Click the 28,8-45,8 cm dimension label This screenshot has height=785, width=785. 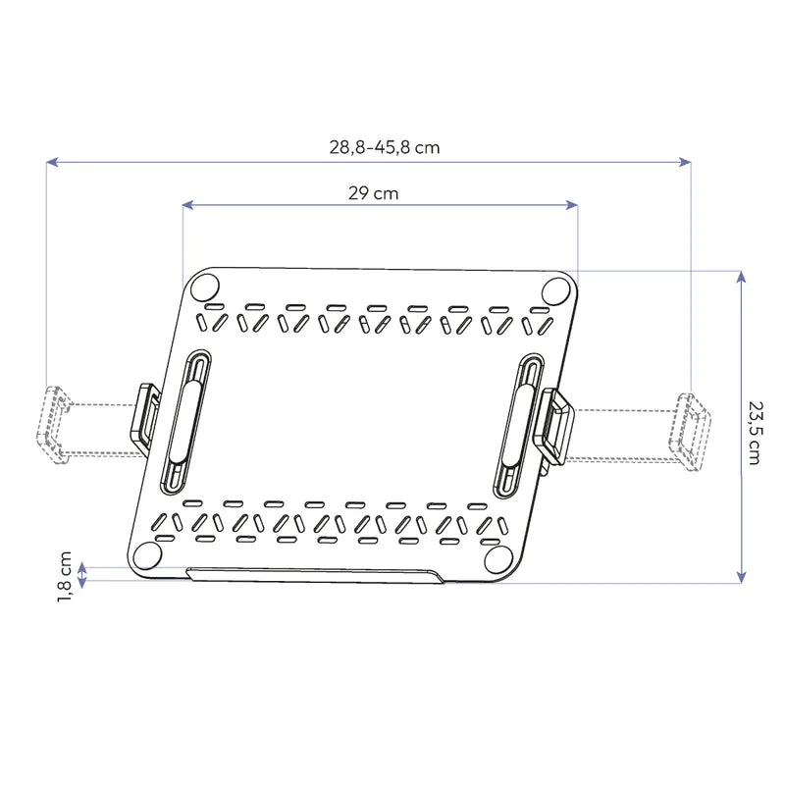pyautogui.click(x=384, y=148)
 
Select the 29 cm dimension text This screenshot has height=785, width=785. pyautogui.click(x=373, y=193)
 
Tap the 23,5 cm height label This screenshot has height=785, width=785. pyautogui.click(x=753, y=431)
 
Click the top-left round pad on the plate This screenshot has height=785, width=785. pyautogui.click(x=205, y=288)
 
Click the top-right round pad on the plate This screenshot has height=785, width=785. pyautogui.click(x=556, y=290)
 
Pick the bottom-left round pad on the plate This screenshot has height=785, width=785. pyautogui.click(x=147, y=556)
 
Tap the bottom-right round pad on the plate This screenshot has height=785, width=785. pyautogui.click(x=497, y=557)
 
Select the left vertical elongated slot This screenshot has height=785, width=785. pyautogui.click(x=186, y=422)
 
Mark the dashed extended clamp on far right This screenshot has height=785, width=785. pyautogui.click(x=689, y=429)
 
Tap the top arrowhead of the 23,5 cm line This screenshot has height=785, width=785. pyautogui.click(x=741, y=277)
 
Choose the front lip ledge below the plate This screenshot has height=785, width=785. pyautogui.click(x=314, y=576)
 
